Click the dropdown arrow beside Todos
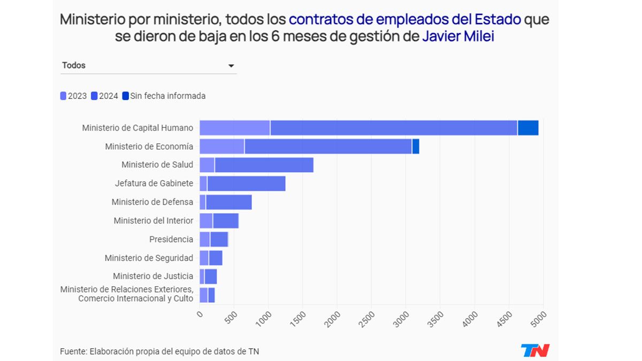(231, 66)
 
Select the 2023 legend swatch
(63, 96)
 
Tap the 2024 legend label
(109, 96)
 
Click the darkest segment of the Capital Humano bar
(528, 128)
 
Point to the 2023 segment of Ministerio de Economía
(221, 146)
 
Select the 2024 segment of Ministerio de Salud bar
(264, 165)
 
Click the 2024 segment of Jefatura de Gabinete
(246, 183)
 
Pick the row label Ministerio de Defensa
(152, 202)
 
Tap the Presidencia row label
(171, 239)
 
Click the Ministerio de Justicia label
(152, 276)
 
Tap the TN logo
(535, 351)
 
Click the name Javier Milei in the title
(458, 37)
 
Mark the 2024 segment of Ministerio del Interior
(226, 220)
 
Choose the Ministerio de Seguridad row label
(149, 258)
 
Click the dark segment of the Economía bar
(416, 146)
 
